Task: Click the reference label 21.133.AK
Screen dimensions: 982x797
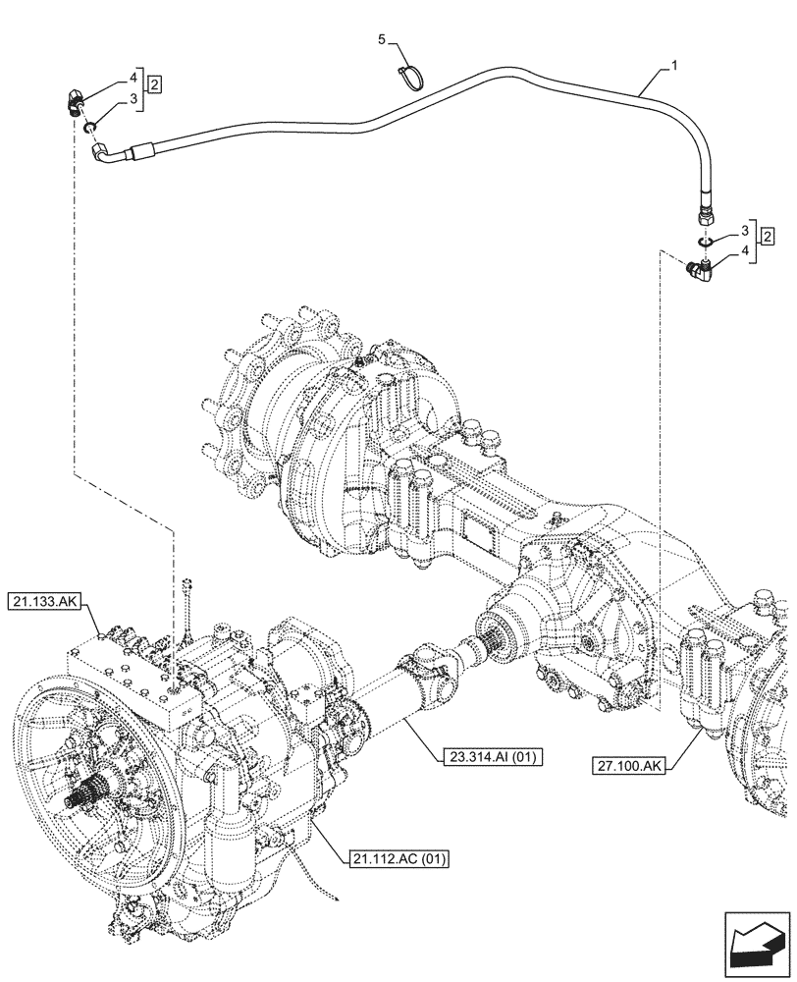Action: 57,599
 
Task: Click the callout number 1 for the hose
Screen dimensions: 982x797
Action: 673,65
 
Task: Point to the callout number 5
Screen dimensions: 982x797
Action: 384,38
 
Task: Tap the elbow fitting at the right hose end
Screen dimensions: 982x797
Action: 702,269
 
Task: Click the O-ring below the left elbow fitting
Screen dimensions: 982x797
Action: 89,126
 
